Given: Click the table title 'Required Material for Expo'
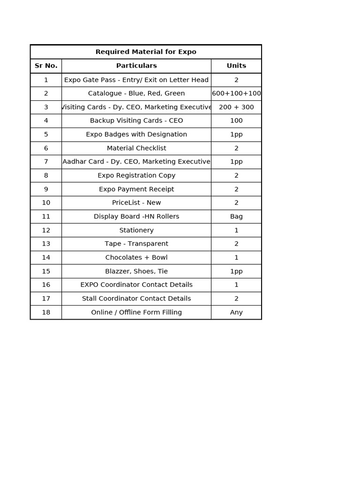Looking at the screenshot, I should (146, 52).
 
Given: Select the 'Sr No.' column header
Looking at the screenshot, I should (46, 66).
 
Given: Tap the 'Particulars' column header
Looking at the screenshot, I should (136, 66).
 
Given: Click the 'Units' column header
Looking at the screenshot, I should (236, 66).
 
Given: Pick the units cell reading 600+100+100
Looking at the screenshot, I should (236, 93).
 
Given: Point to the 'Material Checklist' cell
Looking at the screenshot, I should (136, 148).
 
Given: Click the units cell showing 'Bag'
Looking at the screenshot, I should (236, 217).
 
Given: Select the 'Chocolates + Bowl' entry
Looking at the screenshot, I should (136, 257).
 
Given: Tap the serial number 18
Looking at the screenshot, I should (46, 312).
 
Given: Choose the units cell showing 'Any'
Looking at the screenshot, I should (236, 312).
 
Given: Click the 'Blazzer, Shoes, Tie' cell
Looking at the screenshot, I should (136, 271).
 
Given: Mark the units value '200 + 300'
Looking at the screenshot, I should (236, 107).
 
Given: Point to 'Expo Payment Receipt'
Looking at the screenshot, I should (136, 189).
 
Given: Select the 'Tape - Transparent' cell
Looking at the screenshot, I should (136, 244).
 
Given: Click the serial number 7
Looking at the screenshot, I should (46, 162).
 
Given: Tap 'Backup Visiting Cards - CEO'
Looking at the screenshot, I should (136, 121).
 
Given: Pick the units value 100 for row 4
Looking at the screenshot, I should (236, 121).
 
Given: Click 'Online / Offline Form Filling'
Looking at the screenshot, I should (136, 312).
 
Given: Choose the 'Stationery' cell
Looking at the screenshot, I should (136, 230).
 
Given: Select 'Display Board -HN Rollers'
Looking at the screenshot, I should (136, 217).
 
